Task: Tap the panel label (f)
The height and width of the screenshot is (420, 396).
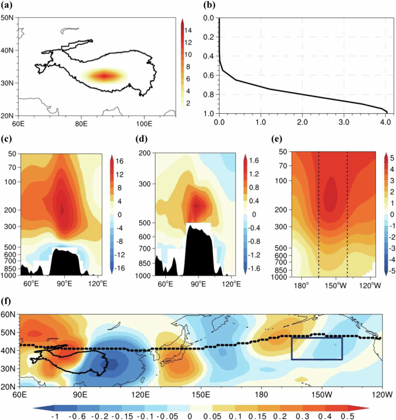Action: (7, 301)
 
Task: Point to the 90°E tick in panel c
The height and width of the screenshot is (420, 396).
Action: (64, 284)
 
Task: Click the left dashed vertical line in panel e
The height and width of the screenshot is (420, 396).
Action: (319, 214)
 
